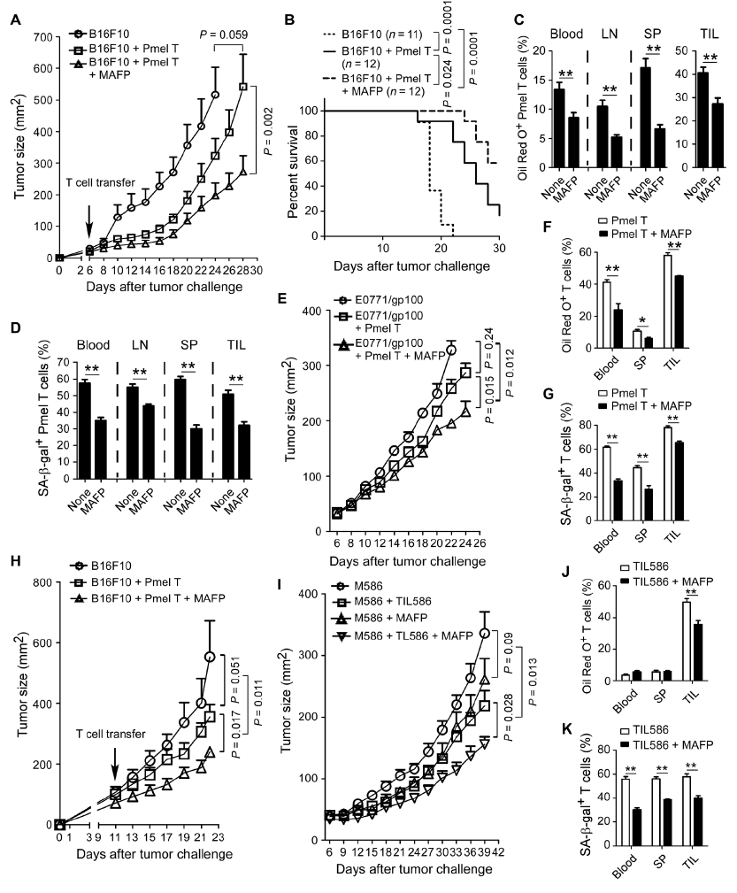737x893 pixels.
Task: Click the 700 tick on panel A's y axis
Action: click(40, 37)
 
